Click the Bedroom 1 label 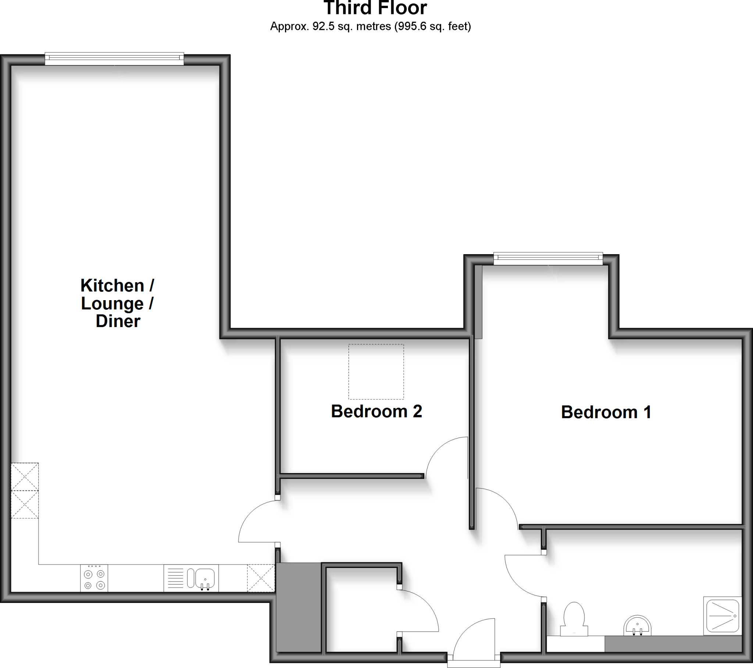pyautogui.click(x=606, y=412)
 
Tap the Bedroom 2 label pyautogui.click(x=376, y=411)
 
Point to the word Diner pyautogui.click(x=118, y=321)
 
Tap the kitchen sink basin pyautogui.click(x=205, y=577)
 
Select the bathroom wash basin pyautogui.click(x=637, y=626)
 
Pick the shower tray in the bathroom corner pyautogui.click(x=722, y=616)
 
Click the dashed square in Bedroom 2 pyautogui.click(x=376, y=372)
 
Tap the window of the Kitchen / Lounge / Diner pyautogui.click(x=114, y=59)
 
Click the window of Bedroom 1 pyautogui.click(x=548, y=259)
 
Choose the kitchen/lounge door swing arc pyautogui.click(x=254, y=520)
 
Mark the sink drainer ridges pyautogui.click(x=175, y=578)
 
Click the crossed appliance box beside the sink pyautogui.click(x=261, y=578)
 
